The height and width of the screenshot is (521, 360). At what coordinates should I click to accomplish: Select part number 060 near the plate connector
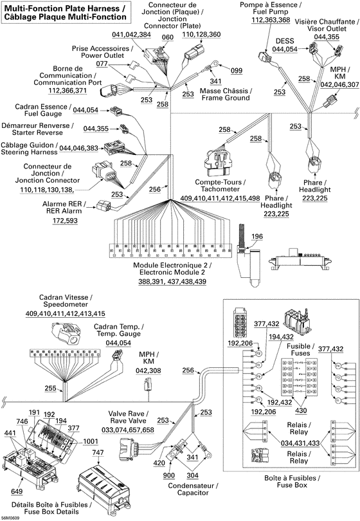[167, 37]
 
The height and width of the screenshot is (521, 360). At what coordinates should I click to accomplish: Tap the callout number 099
[236, 70]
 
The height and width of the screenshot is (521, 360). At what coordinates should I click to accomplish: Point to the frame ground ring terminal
[216, 65]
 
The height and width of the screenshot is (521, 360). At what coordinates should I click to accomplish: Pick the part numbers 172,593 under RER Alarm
[66, 221]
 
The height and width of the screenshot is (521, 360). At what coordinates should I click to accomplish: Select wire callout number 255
[50, 388]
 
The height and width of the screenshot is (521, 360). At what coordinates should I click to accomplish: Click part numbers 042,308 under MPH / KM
[148, 371]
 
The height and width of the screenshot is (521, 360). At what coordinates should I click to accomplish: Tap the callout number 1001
[90, 441]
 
